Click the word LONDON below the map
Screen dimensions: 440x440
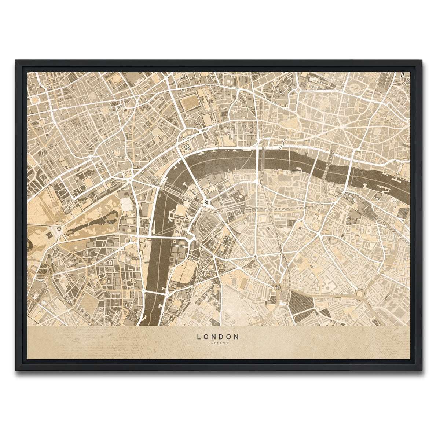(x=218, y=336)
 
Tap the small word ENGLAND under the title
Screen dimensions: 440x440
(x=218, y=343)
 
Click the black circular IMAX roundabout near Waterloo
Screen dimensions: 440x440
(x=206, y=202)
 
